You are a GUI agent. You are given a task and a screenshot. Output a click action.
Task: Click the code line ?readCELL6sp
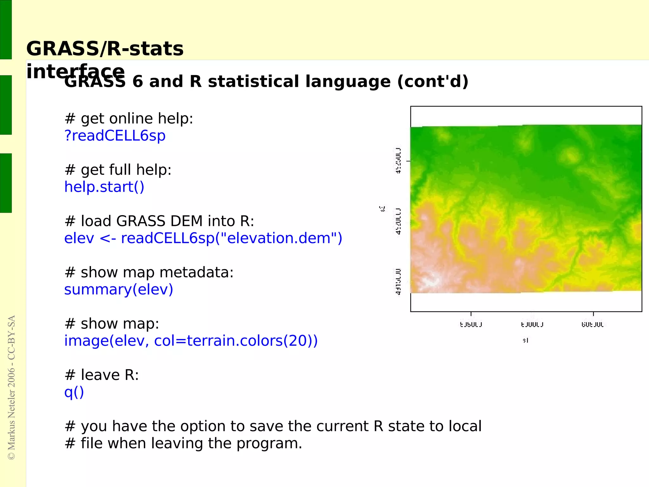click(x=115, y=136)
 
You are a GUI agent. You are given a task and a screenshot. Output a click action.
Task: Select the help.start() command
click(x=104, y=187)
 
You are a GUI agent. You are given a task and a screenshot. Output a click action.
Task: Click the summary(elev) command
click(x=119, y=290)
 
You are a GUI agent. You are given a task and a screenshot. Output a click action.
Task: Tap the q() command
click(x=74, y=392)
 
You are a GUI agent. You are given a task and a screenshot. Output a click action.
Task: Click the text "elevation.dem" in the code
click(x=279, y=238)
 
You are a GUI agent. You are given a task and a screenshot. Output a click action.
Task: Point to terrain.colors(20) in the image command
click(x=252, y=341)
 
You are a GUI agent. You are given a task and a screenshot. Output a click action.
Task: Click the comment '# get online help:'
click(x=129, y=119)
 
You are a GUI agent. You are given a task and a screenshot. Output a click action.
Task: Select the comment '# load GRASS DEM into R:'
click(x=159, y=221)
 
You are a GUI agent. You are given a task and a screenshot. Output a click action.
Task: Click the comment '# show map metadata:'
click(x=149, y=272)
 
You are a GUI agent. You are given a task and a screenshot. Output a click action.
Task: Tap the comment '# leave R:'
click(x=101, y=375)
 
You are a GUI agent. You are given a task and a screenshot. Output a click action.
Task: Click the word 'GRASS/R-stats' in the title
click(x=105, y=49)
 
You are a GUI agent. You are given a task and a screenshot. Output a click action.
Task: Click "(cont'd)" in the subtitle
click(x=433, y=81)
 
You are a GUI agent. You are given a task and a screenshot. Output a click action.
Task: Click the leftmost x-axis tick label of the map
click(x=471, y=324)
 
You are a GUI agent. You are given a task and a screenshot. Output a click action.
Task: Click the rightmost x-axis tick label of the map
click(x=593, y=324)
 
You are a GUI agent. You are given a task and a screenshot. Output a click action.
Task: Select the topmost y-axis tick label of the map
click(x=398, y=160)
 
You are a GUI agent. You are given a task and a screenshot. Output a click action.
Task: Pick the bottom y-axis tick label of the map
click(x=398, y=281)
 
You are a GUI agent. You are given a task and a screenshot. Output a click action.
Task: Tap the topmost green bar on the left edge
click(x=6, y=29)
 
